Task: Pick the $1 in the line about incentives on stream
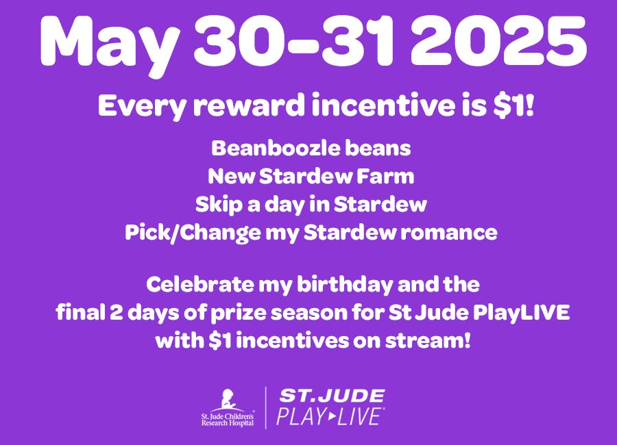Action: (210, 340)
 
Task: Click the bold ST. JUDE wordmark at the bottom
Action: (330, 396)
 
